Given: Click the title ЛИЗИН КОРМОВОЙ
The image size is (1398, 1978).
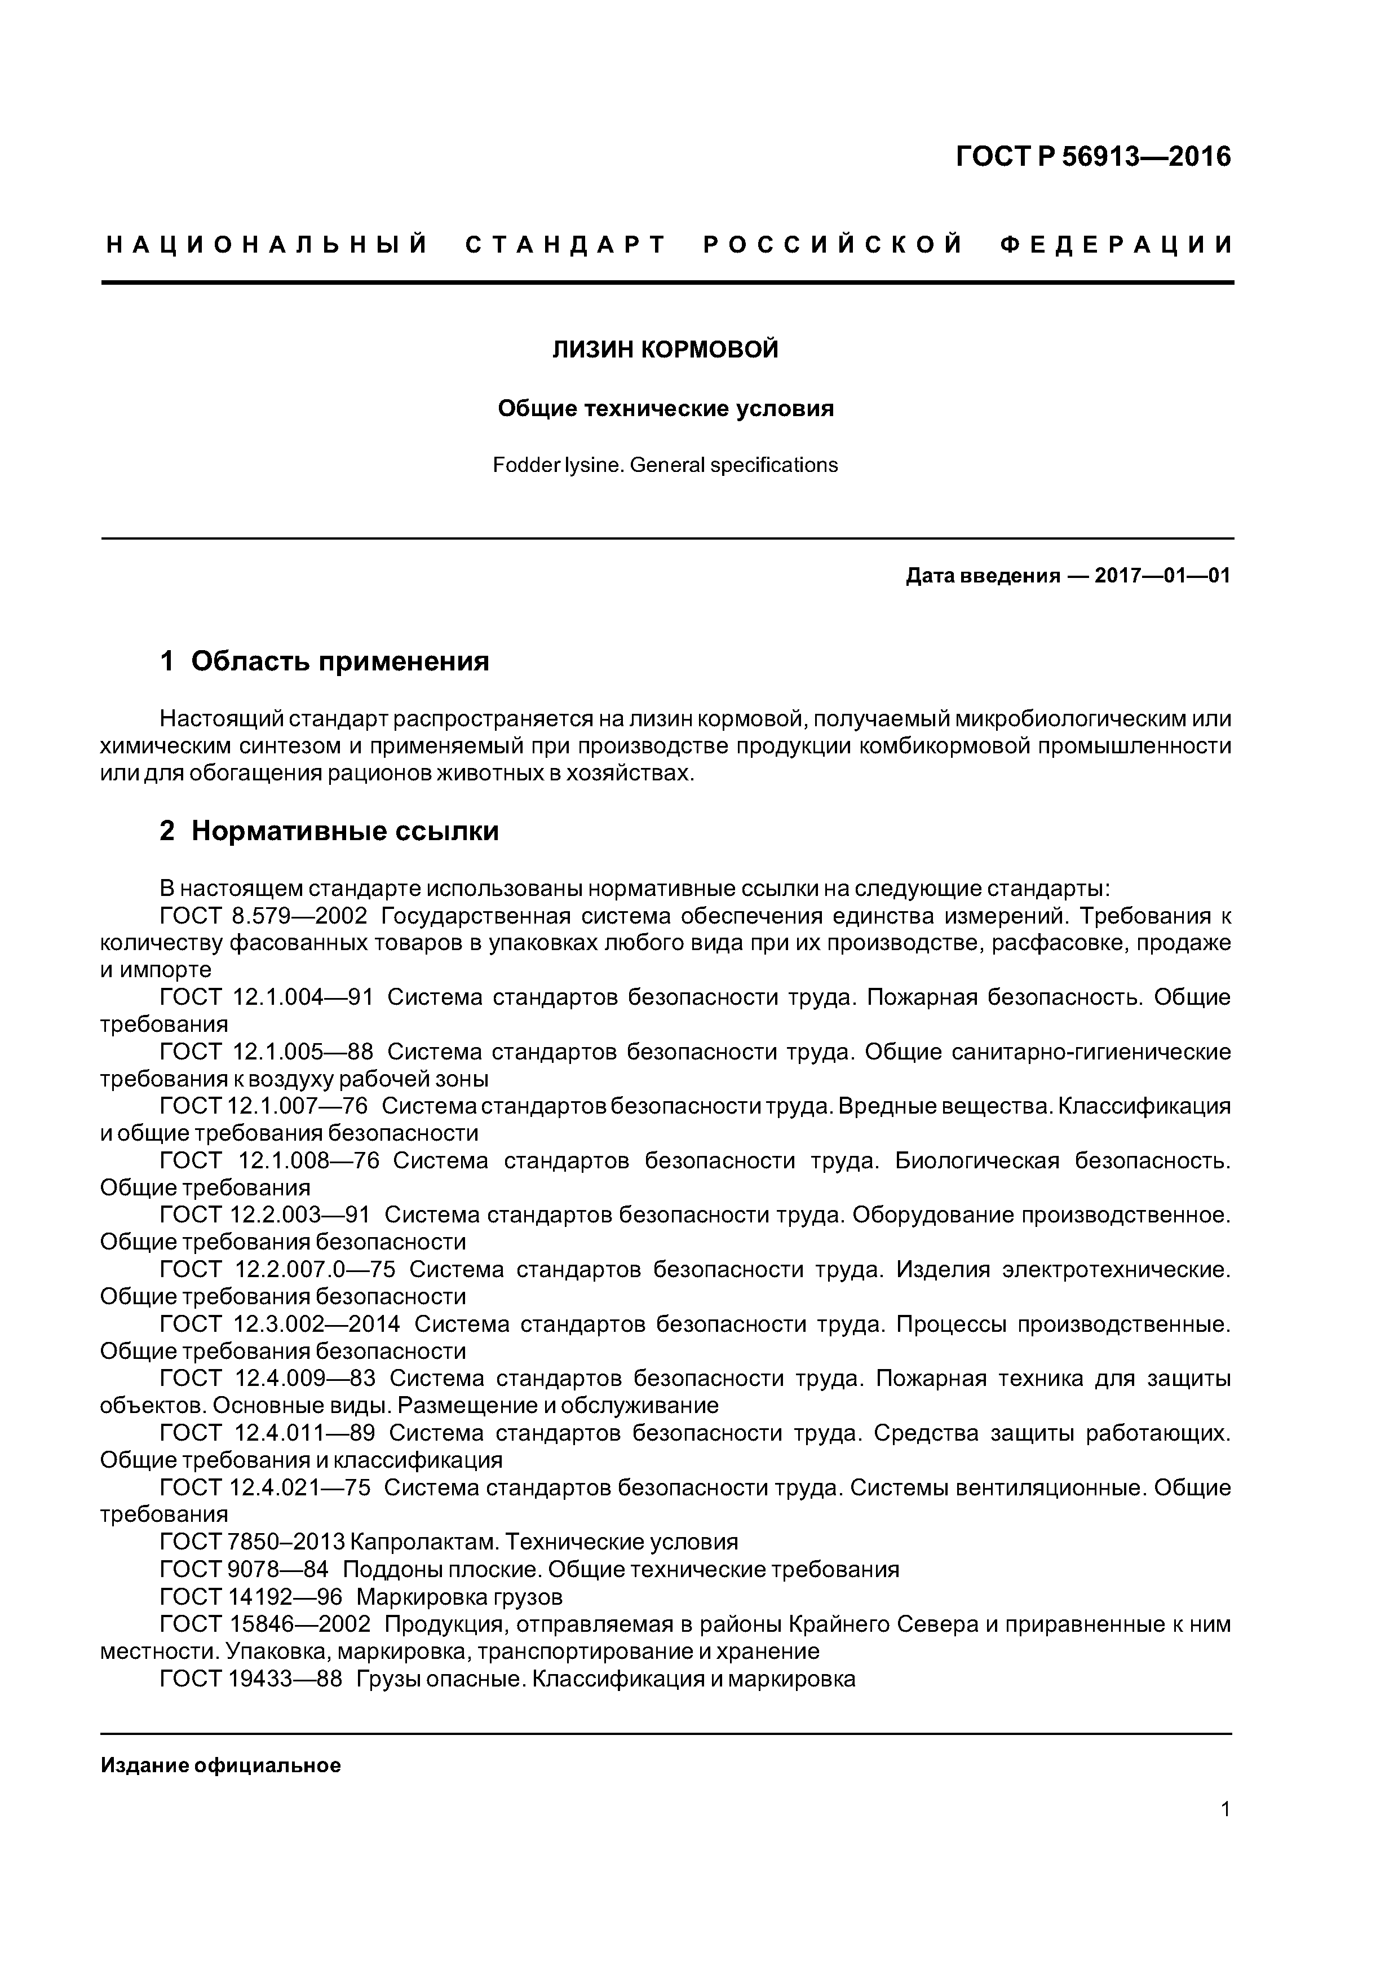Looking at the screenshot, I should (x=665, y=349).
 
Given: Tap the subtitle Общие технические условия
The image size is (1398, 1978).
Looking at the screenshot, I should (x=665, y=408).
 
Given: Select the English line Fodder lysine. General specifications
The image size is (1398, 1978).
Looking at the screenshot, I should (x=665, y=465).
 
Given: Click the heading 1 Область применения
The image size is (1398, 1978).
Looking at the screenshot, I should (x=325, y=661).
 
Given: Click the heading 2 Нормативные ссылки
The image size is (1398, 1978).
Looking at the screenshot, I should (x=329, y=831).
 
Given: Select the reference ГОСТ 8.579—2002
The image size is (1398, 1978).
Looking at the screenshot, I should (x=264, y=915).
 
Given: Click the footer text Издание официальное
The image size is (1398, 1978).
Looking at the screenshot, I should (x=220, y=1765).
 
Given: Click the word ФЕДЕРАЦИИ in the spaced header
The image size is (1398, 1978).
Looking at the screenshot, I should (x=1116, y=245).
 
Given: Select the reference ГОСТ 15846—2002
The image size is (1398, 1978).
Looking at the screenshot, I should (x=266, y=1624).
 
